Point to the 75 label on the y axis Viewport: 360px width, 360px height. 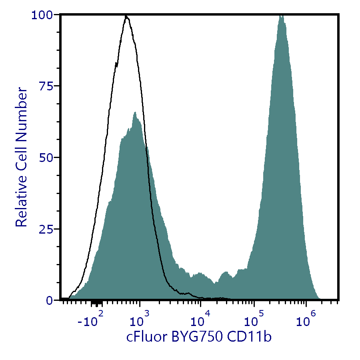click(48, 86)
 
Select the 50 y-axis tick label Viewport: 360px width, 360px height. click(48, 158)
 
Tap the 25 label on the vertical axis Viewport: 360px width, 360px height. click(48, 229)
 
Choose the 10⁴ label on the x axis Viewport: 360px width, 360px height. click(199, 320)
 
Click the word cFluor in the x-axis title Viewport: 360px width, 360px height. click(146, 337)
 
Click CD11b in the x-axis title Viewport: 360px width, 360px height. click(249, 337)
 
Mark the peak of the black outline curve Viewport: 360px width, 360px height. click(126, 16)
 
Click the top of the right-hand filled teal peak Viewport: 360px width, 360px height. click(281, 16)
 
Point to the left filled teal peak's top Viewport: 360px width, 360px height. click(135, 112)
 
